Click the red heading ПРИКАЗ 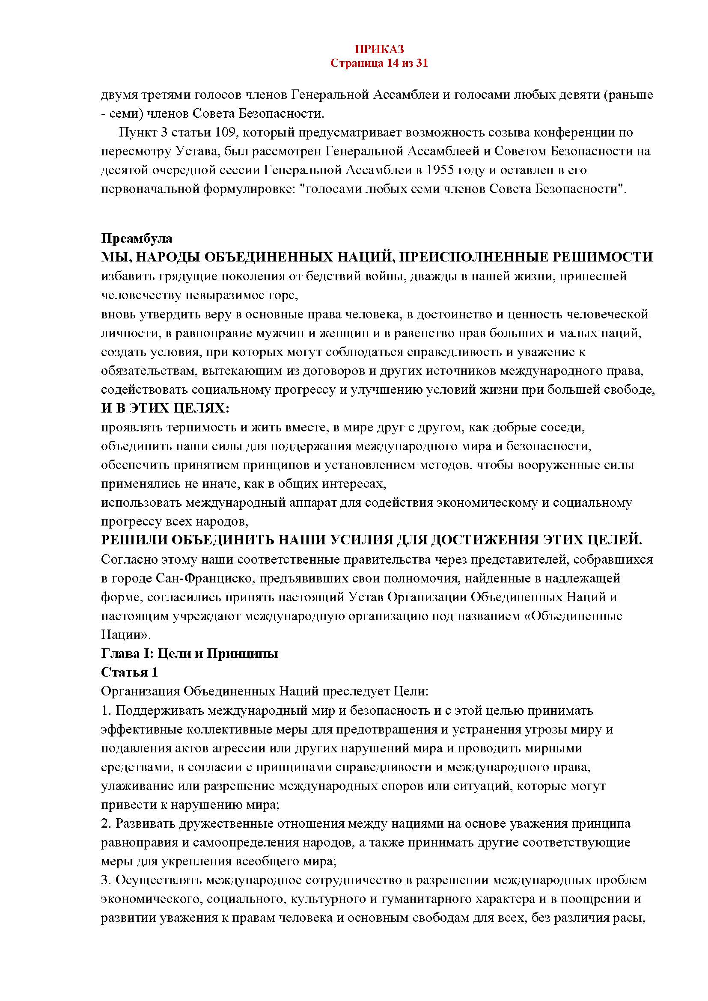point(379,49)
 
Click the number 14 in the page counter point(392,63)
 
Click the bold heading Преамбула point(137,238)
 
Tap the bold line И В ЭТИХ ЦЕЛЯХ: point(165,409)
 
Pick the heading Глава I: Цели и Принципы point(190,653)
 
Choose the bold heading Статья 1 point(129,672)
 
